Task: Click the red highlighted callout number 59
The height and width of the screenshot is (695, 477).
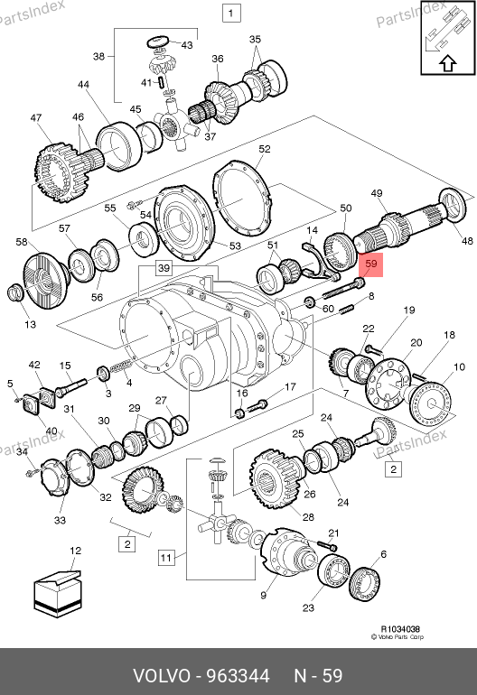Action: [370, 264]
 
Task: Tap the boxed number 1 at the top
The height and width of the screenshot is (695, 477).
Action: [231, 13]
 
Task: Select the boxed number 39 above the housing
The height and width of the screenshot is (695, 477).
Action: [164, 268]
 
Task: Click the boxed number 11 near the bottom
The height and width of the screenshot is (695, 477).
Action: [165, 557]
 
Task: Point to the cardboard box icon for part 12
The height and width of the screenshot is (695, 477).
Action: [57, 593]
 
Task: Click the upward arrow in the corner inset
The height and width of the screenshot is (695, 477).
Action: [448, 63]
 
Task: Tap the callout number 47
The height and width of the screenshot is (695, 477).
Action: [36, 118]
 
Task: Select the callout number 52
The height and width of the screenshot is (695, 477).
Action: [265, 149]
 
